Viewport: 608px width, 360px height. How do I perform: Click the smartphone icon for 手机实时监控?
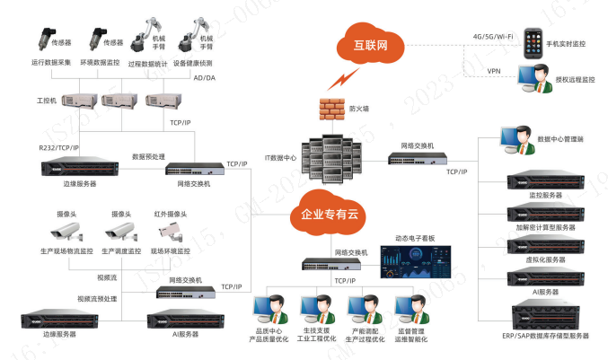[533, 40]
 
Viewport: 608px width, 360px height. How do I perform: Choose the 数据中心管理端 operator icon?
[515, 140]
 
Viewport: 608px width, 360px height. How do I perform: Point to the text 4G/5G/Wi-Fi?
[493, 36]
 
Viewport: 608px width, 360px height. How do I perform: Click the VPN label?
[493, 70]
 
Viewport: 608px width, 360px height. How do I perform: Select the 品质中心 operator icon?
[269, 310]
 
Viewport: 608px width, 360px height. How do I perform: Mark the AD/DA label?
[204, 78]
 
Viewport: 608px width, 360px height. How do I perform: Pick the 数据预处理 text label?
[147, 155]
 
